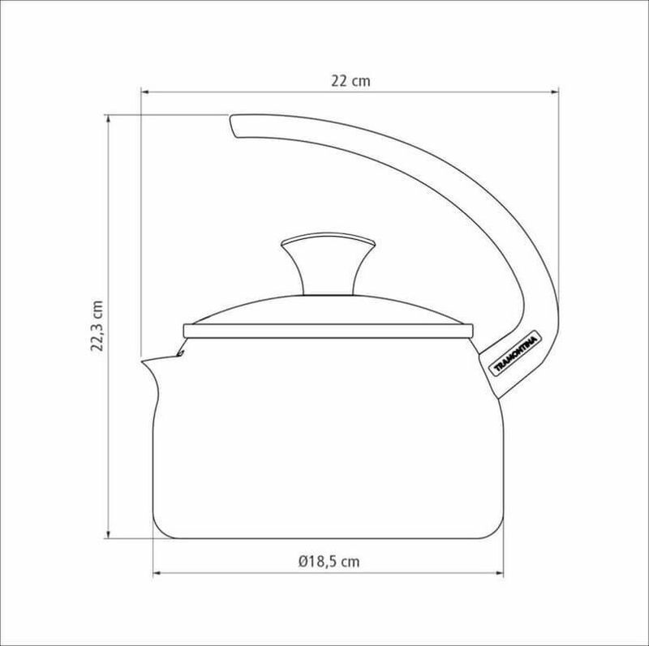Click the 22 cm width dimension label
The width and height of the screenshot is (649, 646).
(350, 80)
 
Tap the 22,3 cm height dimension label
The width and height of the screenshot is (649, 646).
(97, 326)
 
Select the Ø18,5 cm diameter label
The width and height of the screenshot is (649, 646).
(329, 562)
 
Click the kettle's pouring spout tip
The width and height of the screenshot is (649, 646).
(143, 362)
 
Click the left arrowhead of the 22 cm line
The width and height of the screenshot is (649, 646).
(145, 92)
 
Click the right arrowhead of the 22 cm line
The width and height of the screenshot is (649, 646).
(555, 92)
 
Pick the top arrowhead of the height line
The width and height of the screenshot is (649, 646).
(109, 118)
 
